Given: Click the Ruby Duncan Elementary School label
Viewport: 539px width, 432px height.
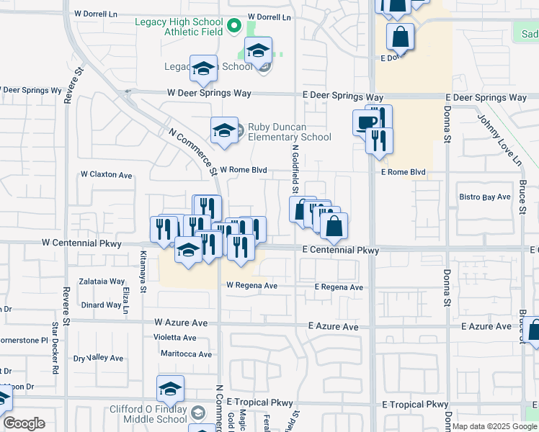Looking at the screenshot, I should [289, 132].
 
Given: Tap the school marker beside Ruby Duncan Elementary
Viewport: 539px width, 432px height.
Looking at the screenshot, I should [224, 130].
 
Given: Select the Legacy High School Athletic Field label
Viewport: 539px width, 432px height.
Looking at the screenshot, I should [179, 26].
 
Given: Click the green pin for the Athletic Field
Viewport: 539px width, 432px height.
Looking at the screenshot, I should [233, 27].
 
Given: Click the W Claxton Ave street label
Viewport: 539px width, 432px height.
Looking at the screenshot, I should [106, 174].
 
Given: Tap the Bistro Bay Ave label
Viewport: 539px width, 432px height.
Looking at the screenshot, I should [485, 197].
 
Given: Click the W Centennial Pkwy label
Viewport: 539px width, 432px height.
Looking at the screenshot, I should [79, 243].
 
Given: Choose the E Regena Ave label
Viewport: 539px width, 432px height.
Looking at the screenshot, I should [338, 287].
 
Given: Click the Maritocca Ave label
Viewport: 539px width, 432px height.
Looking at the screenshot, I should [186, 354].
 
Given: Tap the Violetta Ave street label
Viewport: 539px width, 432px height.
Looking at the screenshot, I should [175, 337].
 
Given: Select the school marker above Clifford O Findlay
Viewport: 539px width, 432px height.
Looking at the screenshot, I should [169, 389].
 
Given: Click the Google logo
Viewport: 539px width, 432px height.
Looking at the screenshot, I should [24, 423].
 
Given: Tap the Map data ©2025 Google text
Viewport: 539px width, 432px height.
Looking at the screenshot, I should [494, 427].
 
